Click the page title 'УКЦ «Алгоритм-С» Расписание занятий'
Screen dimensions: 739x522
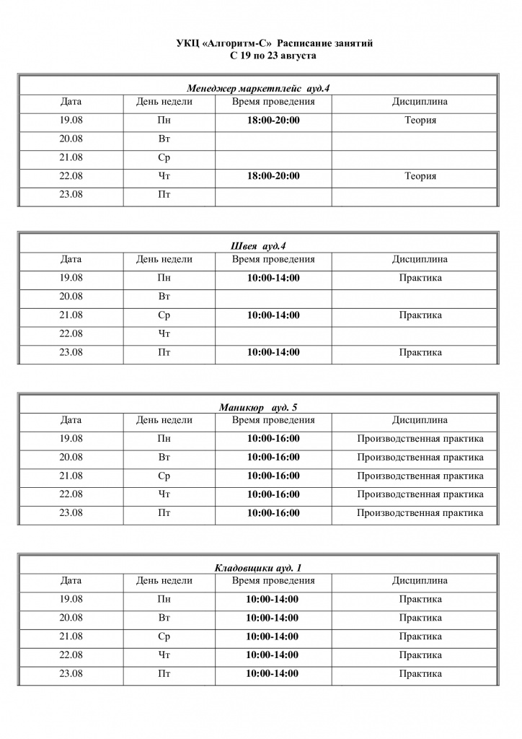[274, 44]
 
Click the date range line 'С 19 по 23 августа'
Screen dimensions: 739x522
[273, 55]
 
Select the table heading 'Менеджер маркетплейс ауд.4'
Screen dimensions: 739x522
[258, 88]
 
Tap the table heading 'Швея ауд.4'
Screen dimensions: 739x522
[258, 246]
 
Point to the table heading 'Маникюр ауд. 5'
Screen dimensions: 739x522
[258, 407]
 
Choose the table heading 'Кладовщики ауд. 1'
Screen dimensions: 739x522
[258, 568]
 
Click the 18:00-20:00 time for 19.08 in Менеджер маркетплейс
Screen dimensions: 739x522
[273, 120]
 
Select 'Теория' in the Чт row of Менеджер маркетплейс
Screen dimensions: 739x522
[420, 176]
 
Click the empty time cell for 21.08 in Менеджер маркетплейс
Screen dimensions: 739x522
[273, 157]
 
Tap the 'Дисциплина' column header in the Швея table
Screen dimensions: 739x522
[420, 259]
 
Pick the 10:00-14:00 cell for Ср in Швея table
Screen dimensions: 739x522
[273, 315]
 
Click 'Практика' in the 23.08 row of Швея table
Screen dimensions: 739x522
[420, 353]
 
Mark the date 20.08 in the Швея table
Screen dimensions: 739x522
[71, 297]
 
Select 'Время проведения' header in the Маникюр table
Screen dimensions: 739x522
[273, 420]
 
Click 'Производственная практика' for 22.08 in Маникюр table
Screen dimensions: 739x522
[420, 494]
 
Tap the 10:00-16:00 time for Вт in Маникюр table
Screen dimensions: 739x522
[273, 458]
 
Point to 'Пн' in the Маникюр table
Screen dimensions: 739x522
[164, 439]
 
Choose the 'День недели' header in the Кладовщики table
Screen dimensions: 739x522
[164, 580]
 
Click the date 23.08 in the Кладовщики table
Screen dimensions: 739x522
[71, 673]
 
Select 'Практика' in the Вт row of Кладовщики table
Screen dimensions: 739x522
[420, 618]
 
